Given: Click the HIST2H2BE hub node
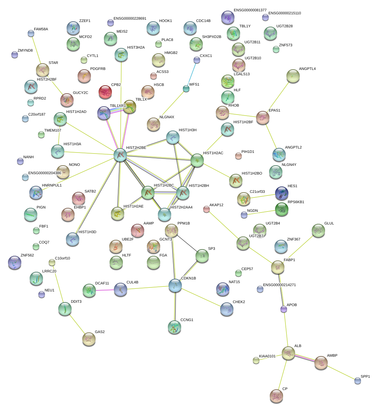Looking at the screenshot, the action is tap(120, 155).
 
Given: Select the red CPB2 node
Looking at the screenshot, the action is tap(105, 92).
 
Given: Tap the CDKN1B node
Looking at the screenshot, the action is tap(175, 285).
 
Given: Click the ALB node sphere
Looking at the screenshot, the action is tap(288, 353).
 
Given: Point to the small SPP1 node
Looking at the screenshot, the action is tap(358, 380).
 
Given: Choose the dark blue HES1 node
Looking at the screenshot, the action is tap(282, 193).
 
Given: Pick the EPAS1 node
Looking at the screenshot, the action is tap(263, 118).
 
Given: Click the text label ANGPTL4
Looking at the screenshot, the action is tap(307, 69).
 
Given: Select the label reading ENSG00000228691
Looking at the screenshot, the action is tap(130, 19).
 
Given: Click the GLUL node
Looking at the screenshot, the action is tap(318, 231).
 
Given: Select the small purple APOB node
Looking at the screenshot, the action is tap(284, 309).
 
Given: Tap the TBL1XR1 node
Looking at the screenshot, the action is tap(104, 113).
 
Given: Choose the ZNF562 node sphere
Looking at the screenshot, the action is tap(14, 263).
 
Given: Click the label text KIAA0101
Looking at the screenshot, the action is tap(267, 356).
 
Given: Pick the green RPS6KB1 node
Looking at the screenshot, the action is tap(282, 209).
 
